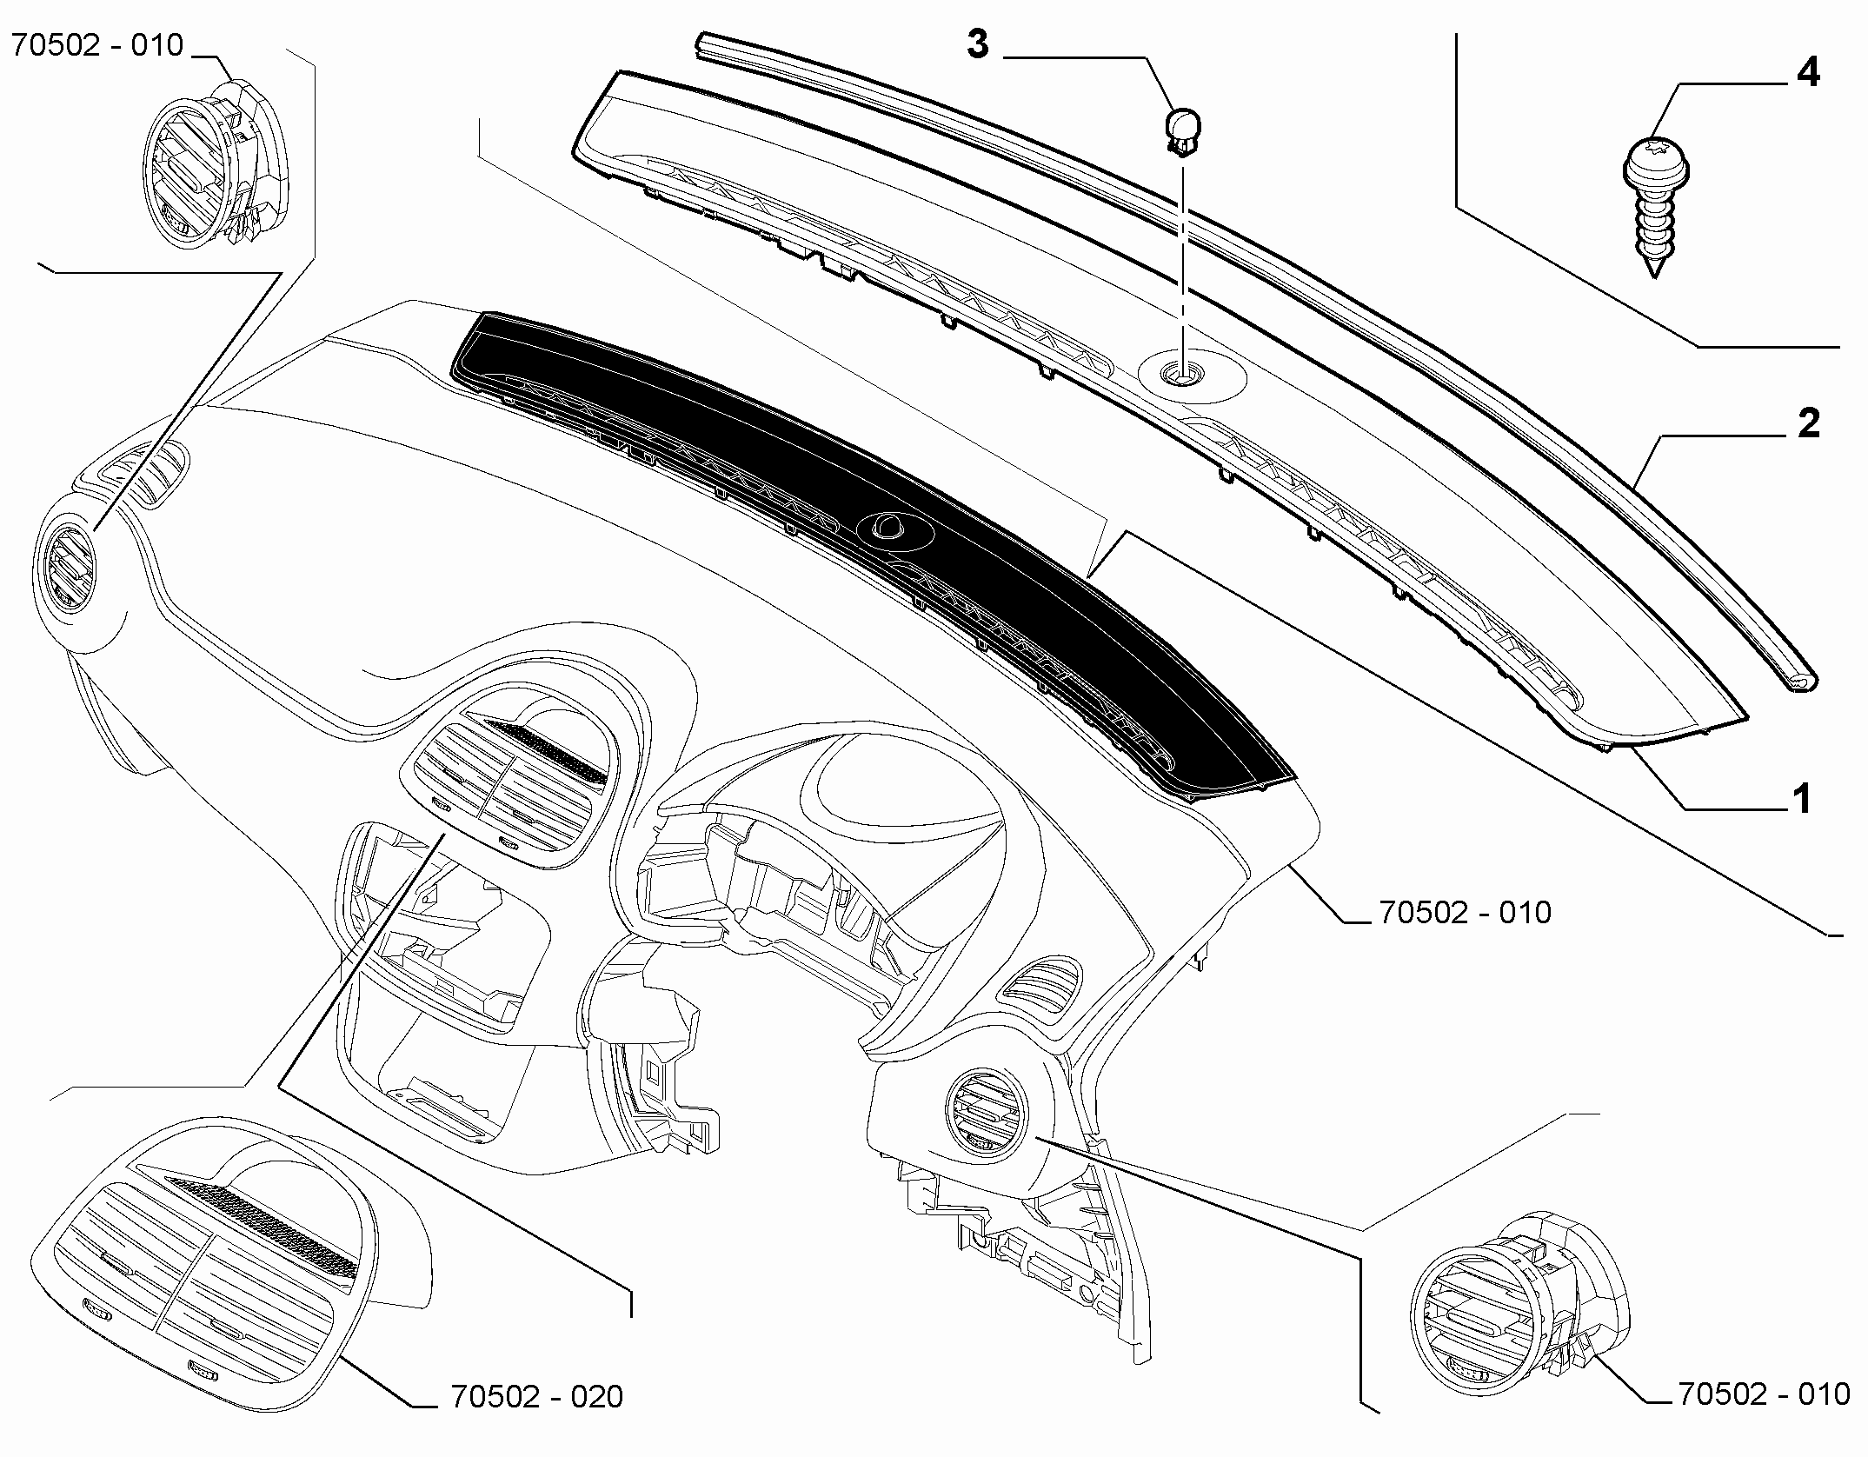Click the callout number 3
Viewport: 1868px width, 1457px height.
point(978,43)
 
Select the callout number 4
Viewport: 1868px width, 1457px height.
point(1808,72)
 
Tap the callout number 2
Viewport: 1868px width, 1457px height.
point(1809,424)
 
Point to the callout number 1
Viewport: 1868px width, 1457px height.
point(1804,798)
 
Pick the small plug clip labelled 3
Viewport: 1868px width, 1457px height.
point(1181,131)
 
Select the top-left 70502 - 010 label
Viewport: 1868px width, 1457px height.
point(97,44)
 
